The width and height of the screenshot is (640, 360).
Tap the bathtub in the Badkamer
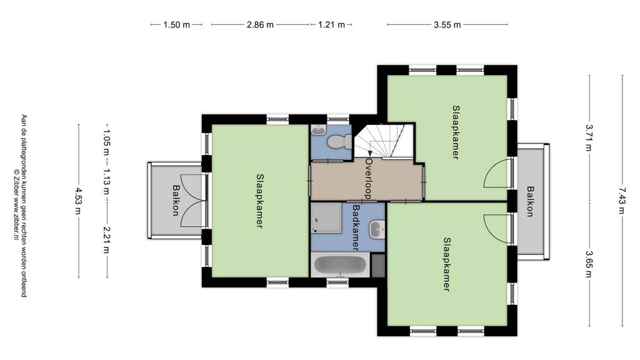click(340, 265)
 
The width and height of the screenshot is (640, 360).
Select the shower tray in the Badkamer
click(326, 218)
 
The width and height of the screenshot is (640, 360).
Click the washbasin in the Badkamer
click(377, 229)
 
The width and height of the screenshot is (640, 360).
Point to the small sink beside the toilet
click(318, 130)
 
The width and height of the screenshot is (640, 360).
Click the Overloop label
click(369, 178)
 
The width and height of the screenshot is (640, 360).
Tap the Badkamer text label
click(356, 227)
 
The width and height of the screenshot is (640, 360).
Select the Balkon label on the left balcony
click(176, 200)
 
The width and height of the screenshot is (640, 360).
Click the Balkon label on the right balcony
click(530, 201)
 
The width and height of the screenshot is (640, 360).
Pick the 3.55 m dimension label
click(447, 25)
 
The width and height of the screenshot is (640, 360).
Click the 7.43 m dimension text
click(622, 201)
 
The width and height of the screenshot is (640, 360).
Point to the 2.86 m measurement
click(260, 25)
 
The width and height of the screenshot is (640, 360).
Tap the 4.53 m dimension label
click(78, 201)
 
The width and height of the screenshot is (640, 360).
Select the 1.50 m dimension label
click(177, 25)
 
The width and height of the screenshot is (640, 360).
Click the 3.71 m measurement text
click(588, 137)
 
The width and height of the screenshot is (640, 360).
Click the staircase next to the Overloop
click(384, 141)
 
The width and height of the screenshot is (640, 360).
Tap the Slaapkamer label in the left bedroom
click(259, 201)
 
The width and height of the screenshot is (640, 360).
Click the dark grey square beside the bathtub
click(378, 265)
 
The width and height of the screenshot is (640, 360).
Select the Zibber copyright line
click(16, 204)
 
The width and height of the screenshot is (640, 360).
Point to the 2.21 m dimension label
click(106, 239)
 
